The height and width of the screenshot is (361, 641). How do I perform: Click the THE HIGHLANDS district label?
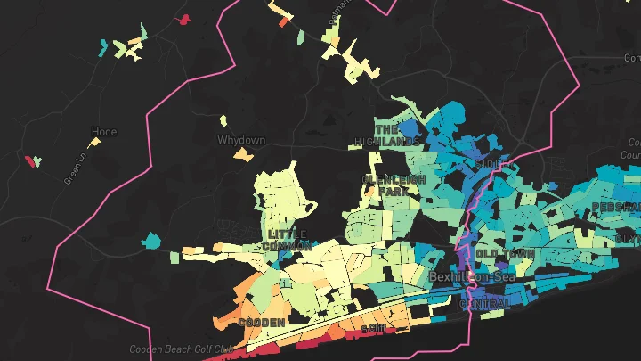[x=397, y=135]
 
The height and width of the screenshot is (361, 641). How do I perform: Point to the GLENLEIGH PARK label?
[x=394, y=185]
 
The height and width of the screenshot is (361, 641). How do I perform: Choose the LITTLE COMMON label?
[x=287, y=239]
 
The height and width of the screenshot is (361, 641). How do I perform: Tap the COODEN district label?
[x=262, y=321]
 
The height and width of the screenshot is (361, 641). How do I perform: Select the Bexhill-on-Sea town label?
[x=472, y=277]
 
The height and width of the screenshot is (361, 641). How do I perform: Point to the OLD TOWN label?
[x=506, y=254]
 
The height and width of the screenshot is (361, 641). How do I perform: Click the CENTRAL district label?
[x=485, y=304]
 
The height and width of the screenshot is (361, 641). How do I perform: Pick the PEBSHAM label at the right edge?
[x=616, y=207]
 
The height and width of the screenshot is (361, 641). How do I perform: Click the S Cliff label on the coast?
[x=374, y=329]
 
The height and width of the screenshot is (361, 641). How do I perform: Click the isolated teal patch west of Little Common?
[x=151, y=240]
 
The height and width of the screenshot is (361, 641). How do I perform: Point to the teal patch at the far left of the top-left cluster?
[x=104, y=47]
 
